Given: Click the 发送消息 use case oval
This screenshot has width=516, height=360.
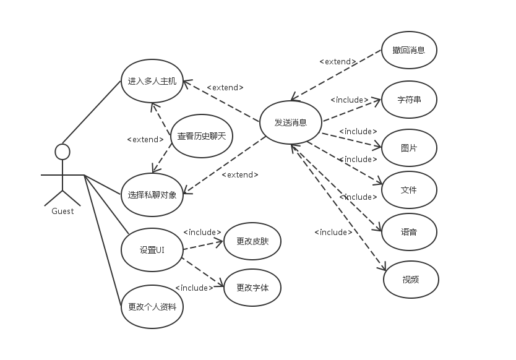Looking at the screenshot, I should pos(291,122).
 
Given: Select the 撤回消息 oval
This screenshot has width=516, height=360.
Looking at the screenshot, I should pos(409,50).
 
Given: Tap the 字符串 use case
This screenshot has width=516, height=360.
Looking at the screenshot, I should pos(409,100).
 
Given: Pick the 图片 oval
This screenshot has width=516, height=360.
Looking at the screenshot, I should pos(409,148).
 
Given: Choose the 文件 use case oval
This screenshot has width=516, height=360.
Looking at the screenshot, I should pos(409,190).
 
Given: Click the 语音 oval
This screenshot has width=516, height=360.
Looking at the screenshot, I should pos(409,232).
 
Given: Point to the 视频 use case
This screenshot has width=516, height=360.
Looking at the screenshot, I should pos(411,280).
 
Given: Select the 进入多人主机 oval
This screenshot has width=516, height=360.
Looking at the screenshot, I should pos(152,81).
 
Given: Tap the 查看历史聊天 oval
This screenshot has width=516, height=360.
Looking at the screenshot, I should pos(201,136).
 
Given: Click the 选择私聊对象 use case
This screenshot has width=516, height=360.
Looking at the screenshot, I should pos(152,195).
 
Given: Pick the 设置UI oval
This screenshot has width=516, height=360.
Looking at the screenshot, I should pos(152,250).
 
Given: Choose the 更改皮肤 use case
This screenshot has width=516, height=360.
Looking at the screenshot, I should pos(252,241).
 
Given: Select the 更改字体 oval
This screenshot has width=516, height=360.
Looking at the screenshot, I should pos(252,287).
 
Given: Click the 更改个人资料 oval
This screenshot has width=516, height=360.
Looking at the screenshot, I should pos(152,306).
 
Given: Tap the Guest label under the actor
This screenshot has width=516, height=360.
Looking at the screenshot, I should pos(62,212).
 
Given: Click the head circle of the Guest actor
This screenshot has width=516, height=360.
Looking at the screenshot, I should pos(62,152).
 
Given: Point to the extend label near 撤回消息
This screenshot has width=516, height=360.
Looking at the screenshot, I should pos(338,62).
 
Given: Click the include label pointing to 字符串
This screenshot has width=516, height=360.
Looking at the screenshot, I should pos(350,100).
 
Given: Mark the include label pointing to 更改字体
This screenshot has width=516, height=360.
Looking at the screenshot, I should pos(194,288).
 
